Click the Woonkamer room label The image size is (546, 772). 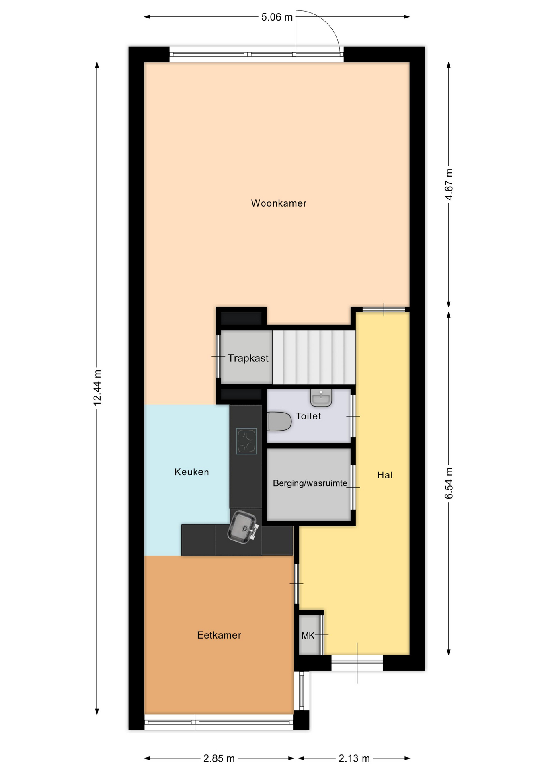279,203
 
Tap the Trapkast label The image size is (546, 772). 248,358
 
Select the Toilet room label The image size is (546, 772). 308,416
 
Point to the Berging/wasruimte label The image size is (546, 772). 310,483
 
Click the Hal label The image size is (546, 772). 385,475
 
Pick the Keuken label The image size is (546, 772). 191,472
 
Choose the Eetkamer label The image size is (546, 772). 219,635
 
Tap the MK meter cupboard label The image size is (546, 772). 308,636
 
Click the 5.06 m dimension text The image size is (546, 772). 277,17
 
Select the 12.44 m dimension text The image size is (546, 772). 97,387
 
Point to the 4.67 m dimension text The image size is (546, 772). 449,185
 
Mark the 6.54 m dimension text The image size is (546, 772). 449,483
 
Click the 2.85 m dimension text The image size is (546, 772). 219,759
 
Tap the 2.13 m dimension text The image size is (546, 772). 354,759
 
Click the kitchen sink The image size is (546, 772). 242,527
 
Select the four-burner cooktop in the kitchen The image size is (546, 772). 246,441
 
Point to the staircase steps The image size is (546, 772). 314,357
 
